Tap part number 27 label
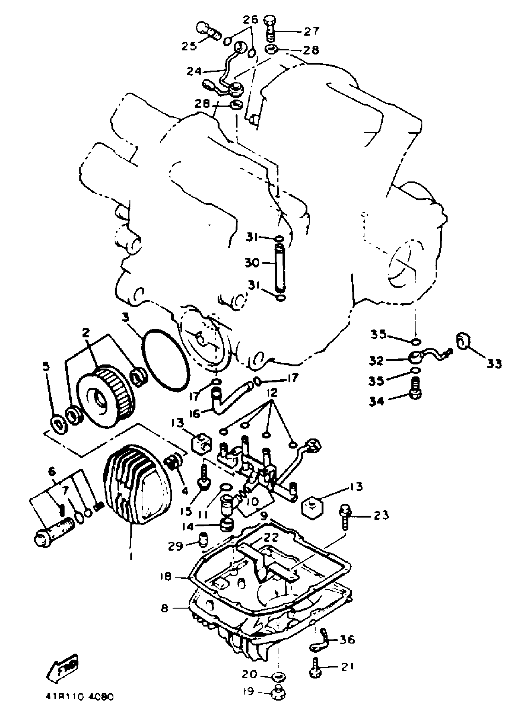click(311, 31)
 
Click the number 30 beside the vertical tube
click(252, 263)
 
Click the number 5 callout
click(46, 367)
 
